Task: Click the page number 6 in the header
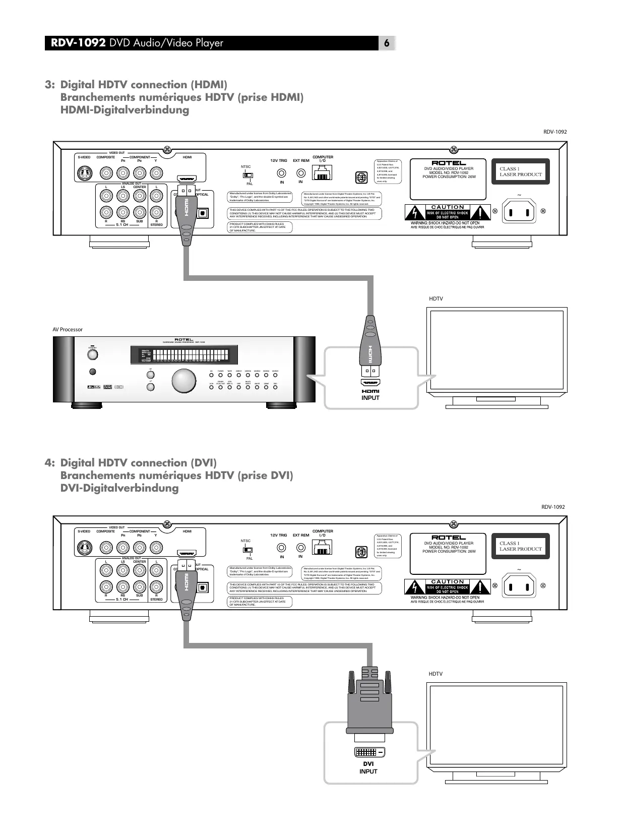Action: (387, 43)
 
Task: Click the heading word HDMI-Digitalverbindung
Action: (124, 110)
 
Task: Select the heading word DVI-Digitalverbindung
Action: (119, 488)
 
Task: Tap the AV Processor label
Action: (68, 329)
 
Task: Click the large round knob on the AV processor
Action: (184, 381)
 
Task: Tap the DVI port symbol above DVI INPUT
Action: (370, 752)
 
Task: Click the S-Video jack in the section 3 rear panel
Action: (84, 174)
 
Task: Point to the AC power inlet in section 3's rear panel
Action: (519, 211)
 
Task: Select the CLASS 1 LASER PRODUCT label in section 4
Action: (520, 546)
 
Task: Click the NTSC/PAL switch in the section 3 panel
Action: (247, 175)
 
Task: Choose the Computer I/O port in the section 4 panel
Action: (323, 548)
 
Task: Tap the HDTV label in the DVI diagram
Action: (435, 674)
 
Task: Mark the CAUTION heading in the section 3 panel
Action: (448, 207)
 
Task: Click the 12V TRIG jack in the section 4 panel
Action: (281, 548)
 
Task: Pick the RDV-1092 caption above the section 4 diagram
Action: (553, 507)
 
